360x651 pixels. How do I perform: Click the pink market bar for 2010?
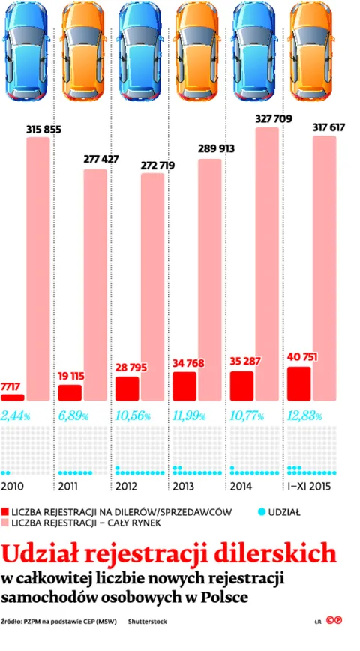tap(38, 269)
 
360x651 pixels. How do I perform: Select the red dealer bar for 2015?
tap(299, 384)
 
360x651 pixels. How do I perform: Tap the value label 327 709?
tap(274, 119)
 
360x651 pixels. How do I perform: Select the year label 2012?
tap(127, 487)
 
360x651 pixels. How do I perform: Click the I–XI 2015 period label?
tap(310, 487)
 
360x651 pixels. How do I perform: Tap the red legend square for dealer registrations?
tap(5, 512)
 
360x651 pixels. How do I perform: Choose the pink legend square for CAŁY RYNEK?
tap(5, 523)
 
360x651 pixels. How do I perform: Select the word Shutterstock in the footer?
tap(148, 622)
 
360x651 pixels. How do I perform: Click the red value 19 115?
tap(71, 376)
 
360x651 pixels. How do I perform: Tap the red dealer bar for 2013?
tap(184, 386)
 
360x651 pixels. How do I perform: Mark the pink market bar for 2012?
tap(153, 287)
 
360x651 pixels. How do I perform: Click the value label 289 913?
tap(216, 148)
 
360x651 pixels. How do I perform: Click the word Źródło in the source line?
tap(10, 622)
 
